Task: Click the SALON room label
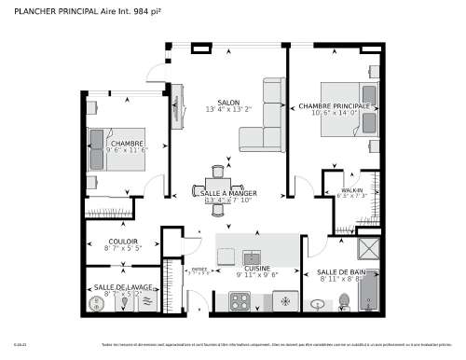[x=228, y=102]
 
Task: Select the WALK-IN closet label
[x=352, y=189]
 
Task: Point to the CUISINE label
[x=257, y=267]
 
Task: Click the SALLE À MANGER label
[x=229, y=193]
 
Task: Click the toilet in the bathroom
[x=318, y=303]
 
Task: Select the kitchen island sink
[x=250, y=255]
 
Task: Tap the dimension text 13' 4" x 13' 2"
[x=228, y=109]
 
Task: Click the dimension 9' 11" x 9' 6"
[x=257, y=275]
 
